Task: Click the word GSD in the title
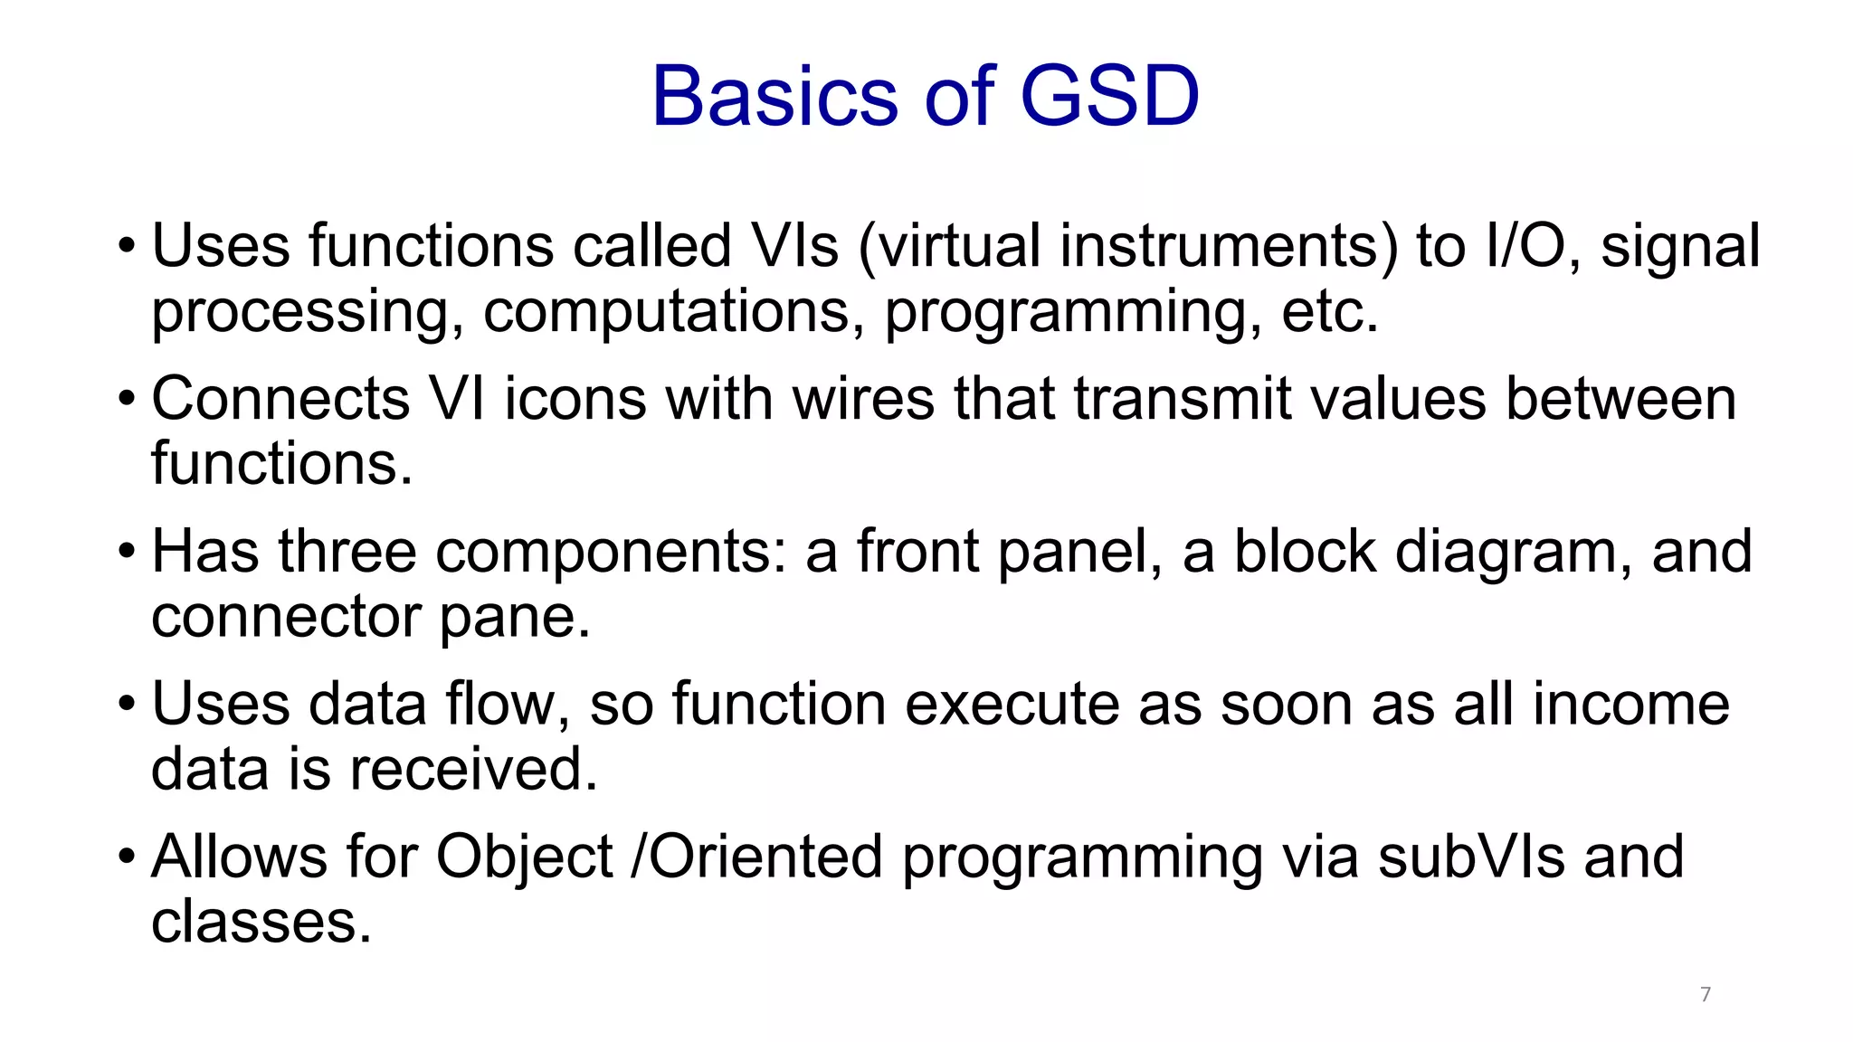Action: point(1109,96)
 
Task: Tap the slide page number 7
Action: point(1706,994)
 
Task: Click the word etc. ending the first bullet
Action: point(1329,311)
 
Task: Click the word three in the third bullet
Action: point(347,552)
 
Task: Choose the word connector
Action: point(286,617)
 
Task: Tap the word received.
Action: point(473,770)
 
